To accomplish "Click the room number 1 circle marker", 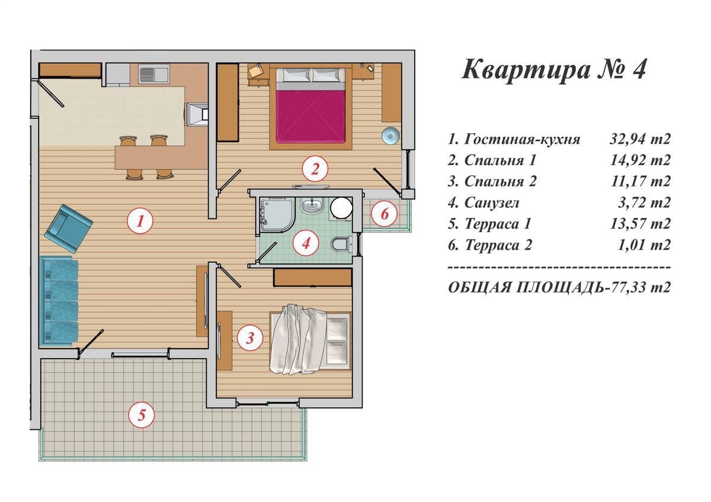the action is click(140, 221).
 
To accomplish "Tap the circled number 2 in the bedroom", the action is click(315, 169).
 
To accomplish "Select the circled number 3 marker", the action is click(250, 338).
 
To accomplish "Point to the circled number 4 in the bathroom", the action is click(306, 243).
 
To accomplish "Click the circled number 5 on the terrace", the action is click(141, 415).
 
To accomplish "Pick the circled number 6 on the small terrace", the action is click(385, 214).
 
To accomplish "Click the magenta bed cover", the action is click(310, 116).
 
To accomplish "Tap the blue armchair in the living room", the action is click(68, 229).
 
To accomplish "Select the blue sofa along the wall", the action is click(59, 301).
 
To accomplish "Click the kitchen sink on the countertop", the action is click(154, 74).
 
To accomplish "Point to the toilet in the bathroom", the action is click(341, 244).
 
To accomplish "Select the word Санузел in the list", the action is click(492, 203).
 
